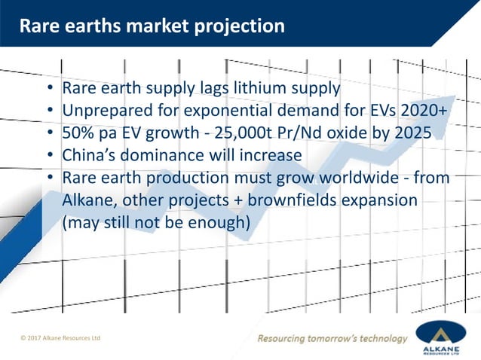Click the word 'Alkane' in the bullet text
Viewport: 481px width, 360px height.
89,201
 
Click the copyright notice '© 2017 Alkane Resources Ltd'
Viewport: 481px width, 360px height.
60,338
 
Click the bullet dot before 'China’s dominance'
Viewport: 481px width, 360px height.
49,157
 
